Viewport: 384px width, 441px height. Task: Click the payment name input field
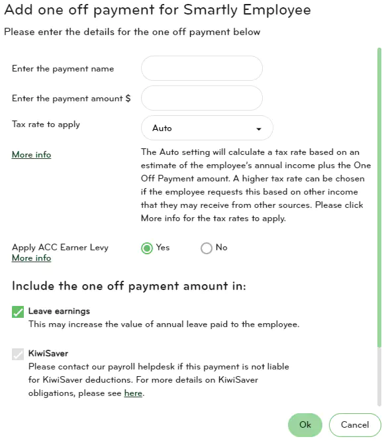(202, 68)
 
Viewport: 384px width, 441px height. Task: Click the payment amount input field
(202, 98)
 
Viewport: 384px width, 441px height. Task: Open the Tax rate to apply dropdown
(207, 128)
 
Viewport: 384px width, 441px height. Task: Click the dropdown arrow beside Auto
(259, 128)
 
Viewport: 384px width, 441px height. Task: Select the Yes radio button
(147, 248)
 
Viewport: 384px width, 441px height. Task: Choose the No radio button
(207, 248)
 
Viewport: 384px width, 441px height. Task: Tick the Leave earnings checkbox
(18, 312)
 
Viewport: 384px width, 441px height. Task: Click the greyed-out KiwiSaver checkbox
(18, 354)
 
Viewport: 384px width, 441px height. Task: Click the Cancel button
(355, 425)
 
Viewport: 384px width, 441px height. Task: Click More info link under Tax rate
(31, 155)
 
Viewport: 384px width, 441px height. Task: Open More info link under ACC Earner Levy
(31, 258)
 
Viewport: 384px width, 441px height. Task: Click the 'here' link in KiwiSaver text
(133, 393)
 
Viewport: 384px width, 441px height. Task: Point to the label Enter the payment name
(63, 69)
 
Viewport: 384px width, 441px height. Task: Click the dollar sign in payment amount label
(128, 98)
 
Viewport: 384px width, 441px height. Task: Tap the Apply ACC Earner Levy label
(60, 248)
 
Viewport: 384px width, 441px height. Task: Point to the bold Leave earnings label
(59, 311)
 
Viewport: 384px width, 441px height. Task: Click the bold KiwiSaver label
(48, 354)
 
